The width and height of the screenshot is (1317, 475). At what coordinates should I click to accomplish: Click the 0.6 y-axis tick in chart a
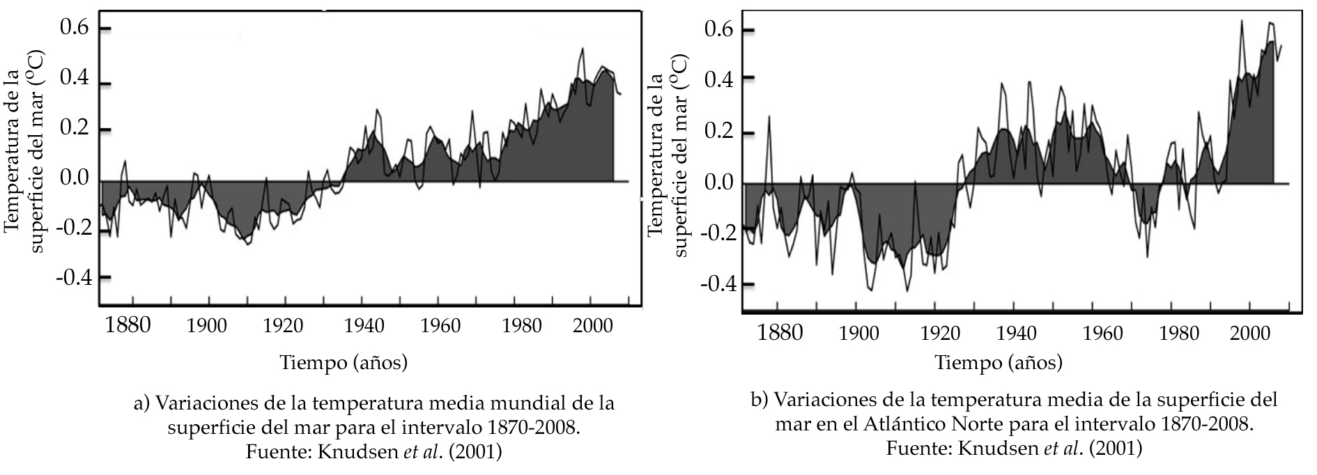point(75,29)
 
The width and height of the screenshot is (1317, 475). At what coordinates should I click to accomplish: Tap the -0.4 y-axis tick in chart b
point(719,284)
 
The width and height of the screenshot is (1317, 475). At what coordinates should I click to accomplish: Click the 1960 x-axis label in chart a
point(440,326)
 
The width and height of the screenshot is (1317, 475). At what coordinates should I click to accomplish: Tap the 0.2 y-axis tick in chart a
point(75,130)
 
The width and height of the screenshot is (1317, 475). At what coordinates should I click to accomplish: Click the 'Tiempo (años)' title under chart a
point(344,362)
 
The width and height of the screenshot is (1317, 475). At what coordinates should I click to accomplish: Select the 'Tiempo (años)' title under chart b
point(999,362)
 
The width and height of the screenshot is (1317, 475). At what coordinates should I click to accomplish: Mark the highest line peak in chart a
point(582,49)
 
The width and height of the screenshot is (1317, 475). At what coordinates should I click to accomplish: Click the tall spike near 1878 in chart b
point(769,117)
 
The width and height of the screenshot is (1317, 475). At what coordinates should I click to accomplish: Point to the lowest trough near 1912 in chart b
point(907,290)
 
